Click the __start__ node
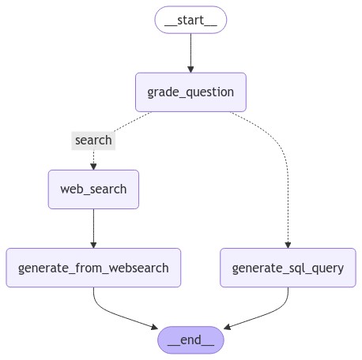click(x=190, y=20)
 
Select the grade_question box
click(x=190, y=92)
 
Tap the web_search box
click(x=93, y=189)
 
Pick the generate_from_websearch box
click(x=93, y=268)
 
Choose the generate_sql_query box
click(x=288, y=268)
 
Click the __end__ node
click(x=190, y=340)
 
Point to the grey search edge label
click(x=93, y=141)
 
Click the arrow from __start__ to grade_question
click(x=190, y=53)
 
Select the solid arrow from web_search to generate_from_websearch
click(x=93, y=228)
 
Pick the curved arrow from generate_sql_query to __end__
click(x=271, y=313)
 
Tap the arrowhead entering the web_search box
click(x=93, y=167)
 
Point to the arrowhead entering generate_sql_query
click(x=288, y=245)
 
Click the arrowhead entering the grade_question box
click(x=190, y=69)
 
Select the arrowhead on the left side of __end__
click(x=155, y=327)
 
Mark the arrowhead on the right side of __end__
click(x=227, y=327)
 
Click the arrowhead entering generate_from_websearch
click(x=93, y=245)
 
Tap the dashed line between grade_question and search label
click(x=133, y=122)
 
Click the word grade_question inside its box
click(x=190, y=92)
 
